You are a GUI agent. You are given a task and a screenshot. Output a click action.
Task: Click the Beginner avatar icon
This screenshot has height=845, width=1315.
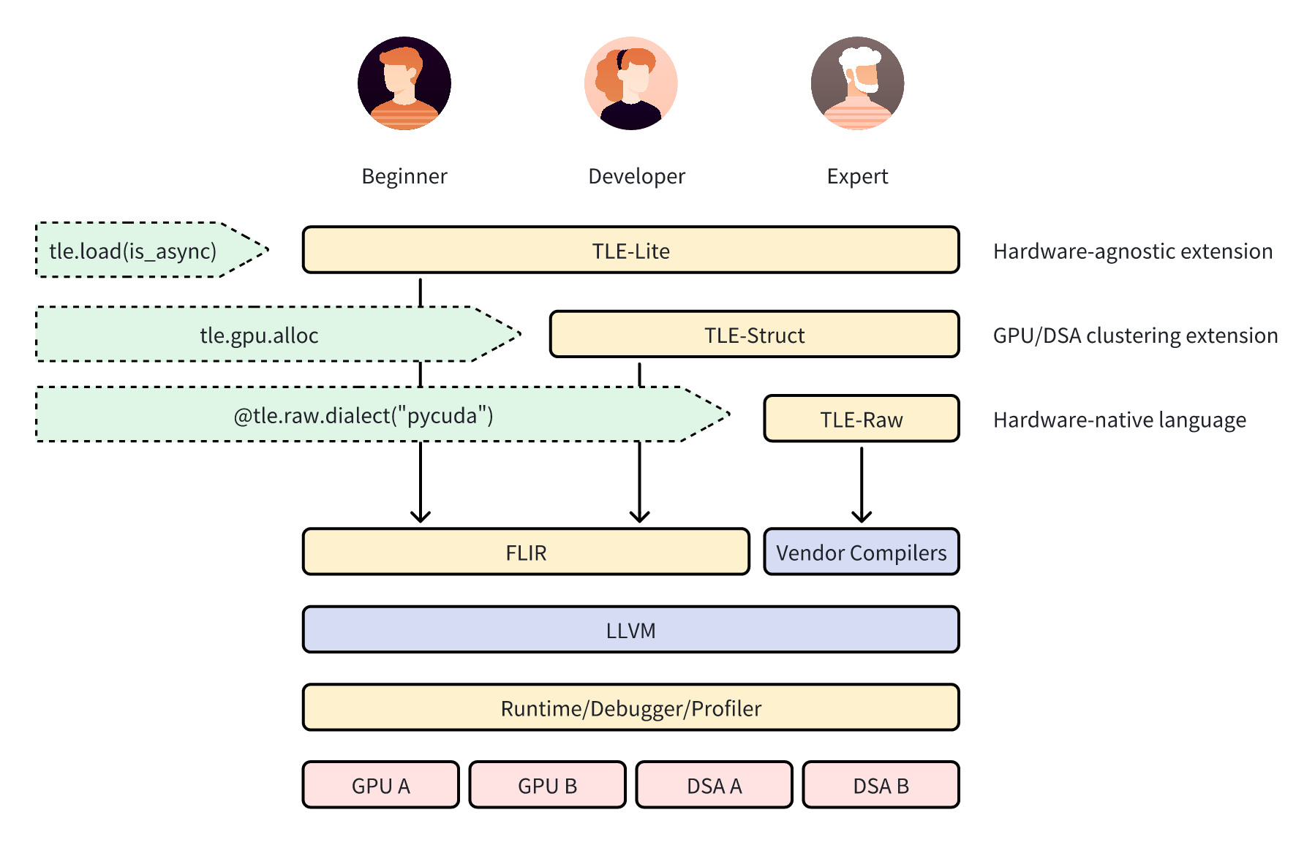coord(404,83)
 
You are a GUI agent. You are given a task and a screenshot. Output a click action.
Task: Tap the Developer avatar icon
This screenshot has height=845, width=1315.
coord(631,83)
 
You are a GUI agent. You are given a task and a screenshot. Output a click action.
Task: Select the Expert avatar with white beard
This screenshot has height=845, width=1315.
coord(858,83)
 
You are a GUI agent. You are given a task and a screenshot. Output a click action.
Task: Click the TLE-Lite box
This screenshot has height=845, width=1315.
coord(630,250)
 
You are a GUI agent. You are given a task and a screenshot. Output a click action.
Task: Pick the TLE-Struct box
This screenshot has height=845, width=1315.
coord(754,334)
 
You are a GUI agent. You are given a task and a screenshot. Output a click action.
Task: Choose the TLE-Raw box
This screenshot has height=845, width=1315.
coord(862,418)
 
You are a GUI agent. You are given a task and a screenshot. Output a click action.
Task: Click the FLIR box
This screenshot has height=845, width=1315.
coord(526,552)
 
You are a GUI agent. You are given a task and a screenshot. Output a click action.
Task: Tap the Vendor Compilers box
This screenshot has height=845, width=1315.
coord(862,552)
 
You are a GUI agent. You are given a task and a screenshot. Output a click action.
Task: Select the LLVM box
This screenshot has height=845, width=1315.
coord(630,629)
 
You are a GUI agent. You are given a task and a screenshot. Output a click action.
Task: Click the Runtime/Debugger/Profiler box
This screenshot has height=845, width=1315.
coord(630,708)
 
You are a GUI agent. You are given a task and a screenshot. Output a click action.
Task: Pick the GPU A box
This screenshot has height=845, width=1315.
coord(381,785)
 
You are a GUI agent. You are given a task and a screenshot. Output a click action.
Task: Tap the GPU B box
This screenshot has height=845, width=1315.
coord(548,785)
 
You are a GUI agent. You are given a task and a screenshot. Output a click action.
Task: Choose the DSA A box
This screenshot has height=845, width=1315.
coord(715,785)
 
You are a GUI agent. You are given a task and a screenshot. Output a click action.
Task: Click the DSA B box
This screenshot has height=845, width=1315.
coord(881,785)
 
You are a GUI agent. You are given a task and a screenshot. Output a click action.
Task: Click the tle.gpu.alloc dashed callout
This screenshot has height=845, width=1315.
coord(278,334)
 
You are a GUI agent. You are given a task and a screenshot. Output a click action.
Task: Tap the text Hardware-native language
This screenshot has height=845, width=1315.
coord(1120,420)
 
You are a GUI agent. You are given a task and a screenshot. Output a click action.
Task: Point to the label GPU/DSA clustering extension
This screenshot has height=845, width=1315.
coord(1136,336)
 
